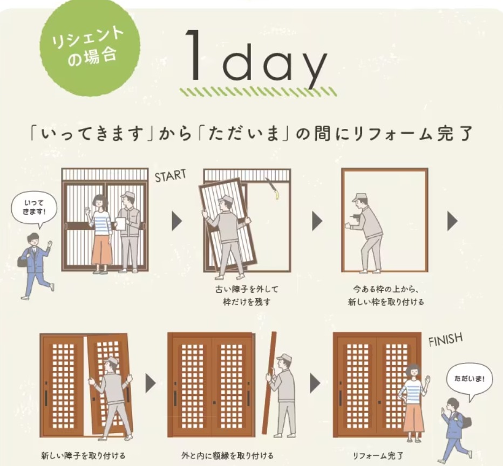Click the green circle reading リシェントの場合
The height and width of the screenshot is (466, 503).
pos(90,47)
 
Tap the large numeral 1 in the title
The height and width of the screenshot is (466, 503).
pos(194,54)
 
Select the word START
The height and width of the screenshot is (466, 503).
pos(171,176)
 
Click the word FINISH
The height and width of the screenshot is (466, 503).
pos(446,339)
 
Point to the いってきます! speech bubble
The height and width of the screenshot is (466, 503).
pos(35,209)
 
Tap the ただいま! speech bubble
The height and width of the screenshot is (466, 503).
pos(468,381)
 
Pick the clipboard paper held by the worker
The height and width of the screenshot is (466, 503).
pos(120,223)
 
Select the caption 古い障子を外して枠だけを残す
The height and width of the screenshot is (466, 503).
pos(247,296)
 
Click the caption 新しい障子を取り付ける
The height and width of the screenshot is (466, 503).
pos(83,455)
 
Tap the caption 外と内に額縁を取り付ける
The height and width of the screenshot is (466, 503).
pos(227,455)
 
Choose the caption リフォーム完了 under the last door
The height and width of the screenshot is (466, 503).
pos(378,455)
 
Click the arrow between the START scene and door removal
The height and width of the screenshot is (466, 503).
pos(177,221)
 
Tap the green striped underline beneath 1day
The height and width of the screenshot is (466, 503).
pos(258,92)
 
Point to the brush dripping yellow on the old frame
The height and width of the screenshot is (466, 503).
pos(271,188)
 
